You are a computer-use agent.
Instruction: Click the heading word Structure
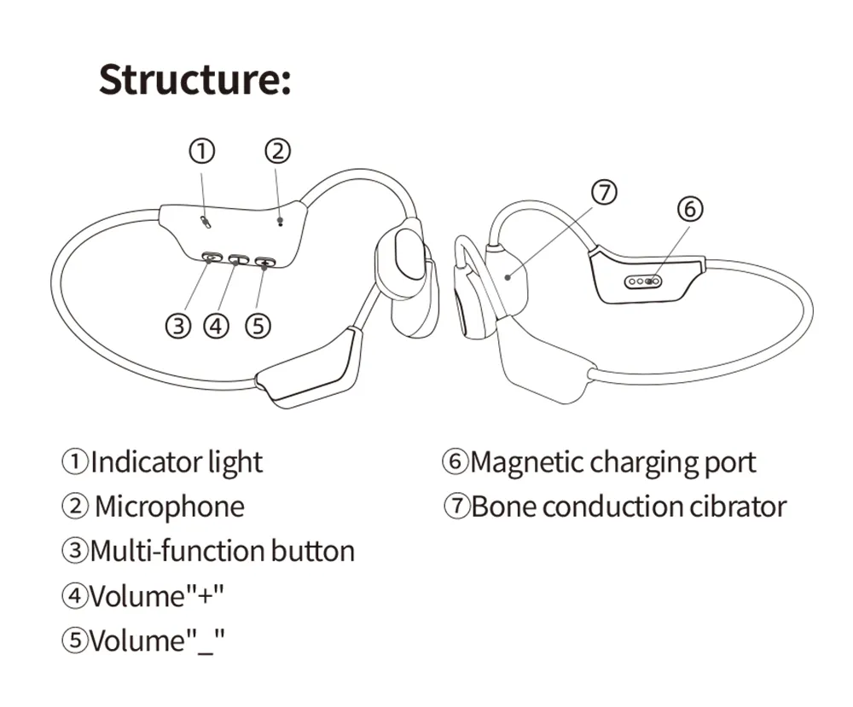[194, 78]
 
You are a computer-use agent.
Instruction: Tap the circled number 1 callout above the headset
[201, 152]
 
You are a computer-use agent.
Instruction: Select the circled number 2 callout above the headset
[277, 152]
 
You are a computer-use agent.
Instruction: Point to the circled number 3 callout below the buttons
[177, 326]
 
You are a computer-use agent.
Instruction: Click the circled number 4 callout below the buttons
[217, 326]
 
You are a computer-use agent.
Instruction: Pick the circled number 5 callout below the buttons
[258, 326]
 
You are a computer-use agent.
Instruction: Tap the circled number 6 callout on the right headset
[691, 208]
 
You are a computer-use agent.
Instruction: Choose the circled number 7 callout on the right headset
[604, 193]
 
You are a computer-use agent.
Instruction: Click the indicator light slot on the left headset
[206, 221]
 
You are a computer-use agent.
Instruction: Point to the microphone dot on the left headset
[281, 220]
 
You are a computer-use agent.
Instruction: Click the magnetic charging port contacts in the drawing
[645, 281]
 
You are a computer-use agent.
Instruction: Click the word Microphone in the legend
[169, 507]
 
